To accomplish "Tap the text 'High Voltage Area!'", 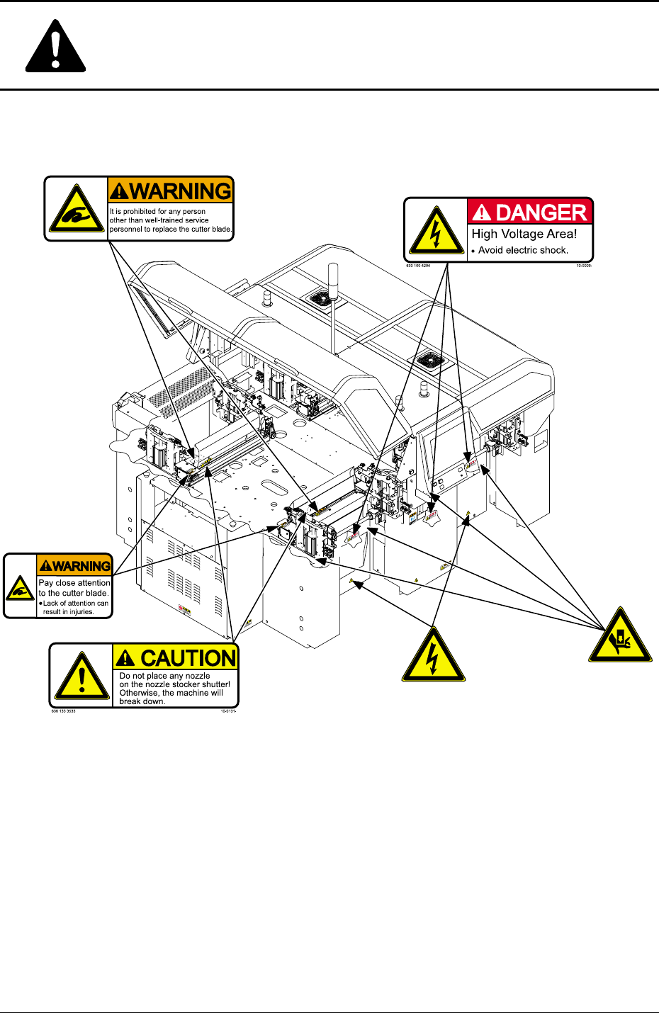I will click(524, 234).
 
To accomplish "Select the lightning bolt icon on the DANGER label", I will click(436, 231).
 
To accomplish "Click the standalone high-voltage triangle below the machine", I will click(434, 655).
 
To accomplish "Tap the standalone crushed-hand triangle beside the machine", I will click(620, 636).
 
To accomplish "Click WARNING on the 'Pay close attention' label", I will click(75, 566).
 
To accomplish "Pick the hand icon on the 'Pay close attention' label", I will click(20, 587).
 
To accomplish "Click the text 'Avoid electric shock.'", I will click(523, 250).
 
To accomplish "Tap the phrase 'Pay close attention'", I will click(74, 583).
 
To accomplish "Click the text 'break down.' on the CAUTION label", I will click(142, 701).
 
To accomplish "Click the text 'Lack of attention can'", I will click(76, 603).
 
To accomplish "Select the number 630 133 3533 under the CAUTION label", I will click(63, 711).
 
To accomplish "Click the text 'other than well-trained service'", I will click(159, 220).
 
